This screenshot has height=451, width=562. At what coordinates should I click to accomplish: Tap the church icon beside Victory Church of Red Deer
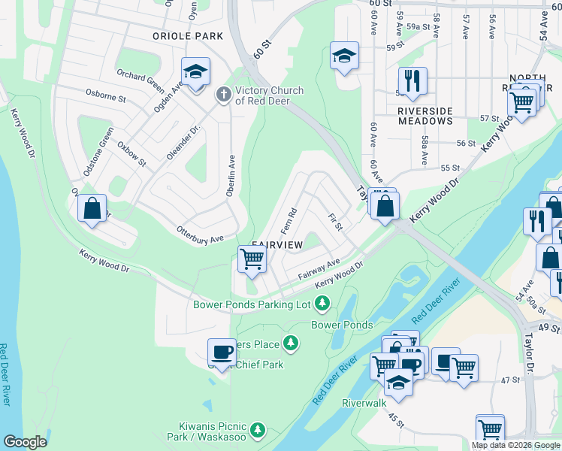tap(222, 95)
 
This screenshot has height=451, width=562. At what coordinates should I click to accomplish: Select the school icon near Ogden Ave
tap(195, 73)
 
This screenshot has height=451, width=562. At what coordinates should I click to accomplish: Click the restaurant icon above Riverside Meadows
tap(412, 81)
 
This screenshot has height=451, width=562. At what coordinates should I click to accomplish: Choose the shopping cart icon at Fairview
tap(252, 259)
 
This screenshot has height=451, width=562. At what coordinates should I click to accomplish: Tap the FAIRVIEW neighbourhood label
tap(276, 245)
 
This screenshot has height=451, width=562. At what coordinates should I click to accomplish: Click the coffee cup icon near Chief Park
tap(222, 352)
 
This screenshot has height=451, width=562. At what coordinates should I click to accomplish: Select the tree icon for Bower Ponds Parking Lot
tap(322, 304)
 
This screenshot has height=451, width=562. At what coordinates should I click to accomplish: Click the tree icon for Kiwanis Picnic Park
tap(258, 430)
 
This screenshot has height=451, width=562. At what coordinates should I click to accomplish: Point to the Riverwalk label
tap(364, 403)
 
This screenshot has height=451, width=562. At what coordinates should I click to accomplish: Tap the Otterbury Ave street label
tap(200, 235)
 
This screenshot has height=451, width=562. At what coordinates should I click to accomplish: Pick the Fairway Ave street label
tap(319, 268)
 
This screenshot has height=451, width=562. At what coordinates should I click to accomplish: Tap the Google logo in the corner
tap(26, 442)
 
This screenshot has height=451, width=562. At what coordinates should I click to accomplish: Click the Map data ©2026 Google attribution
tap(515, 445)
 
